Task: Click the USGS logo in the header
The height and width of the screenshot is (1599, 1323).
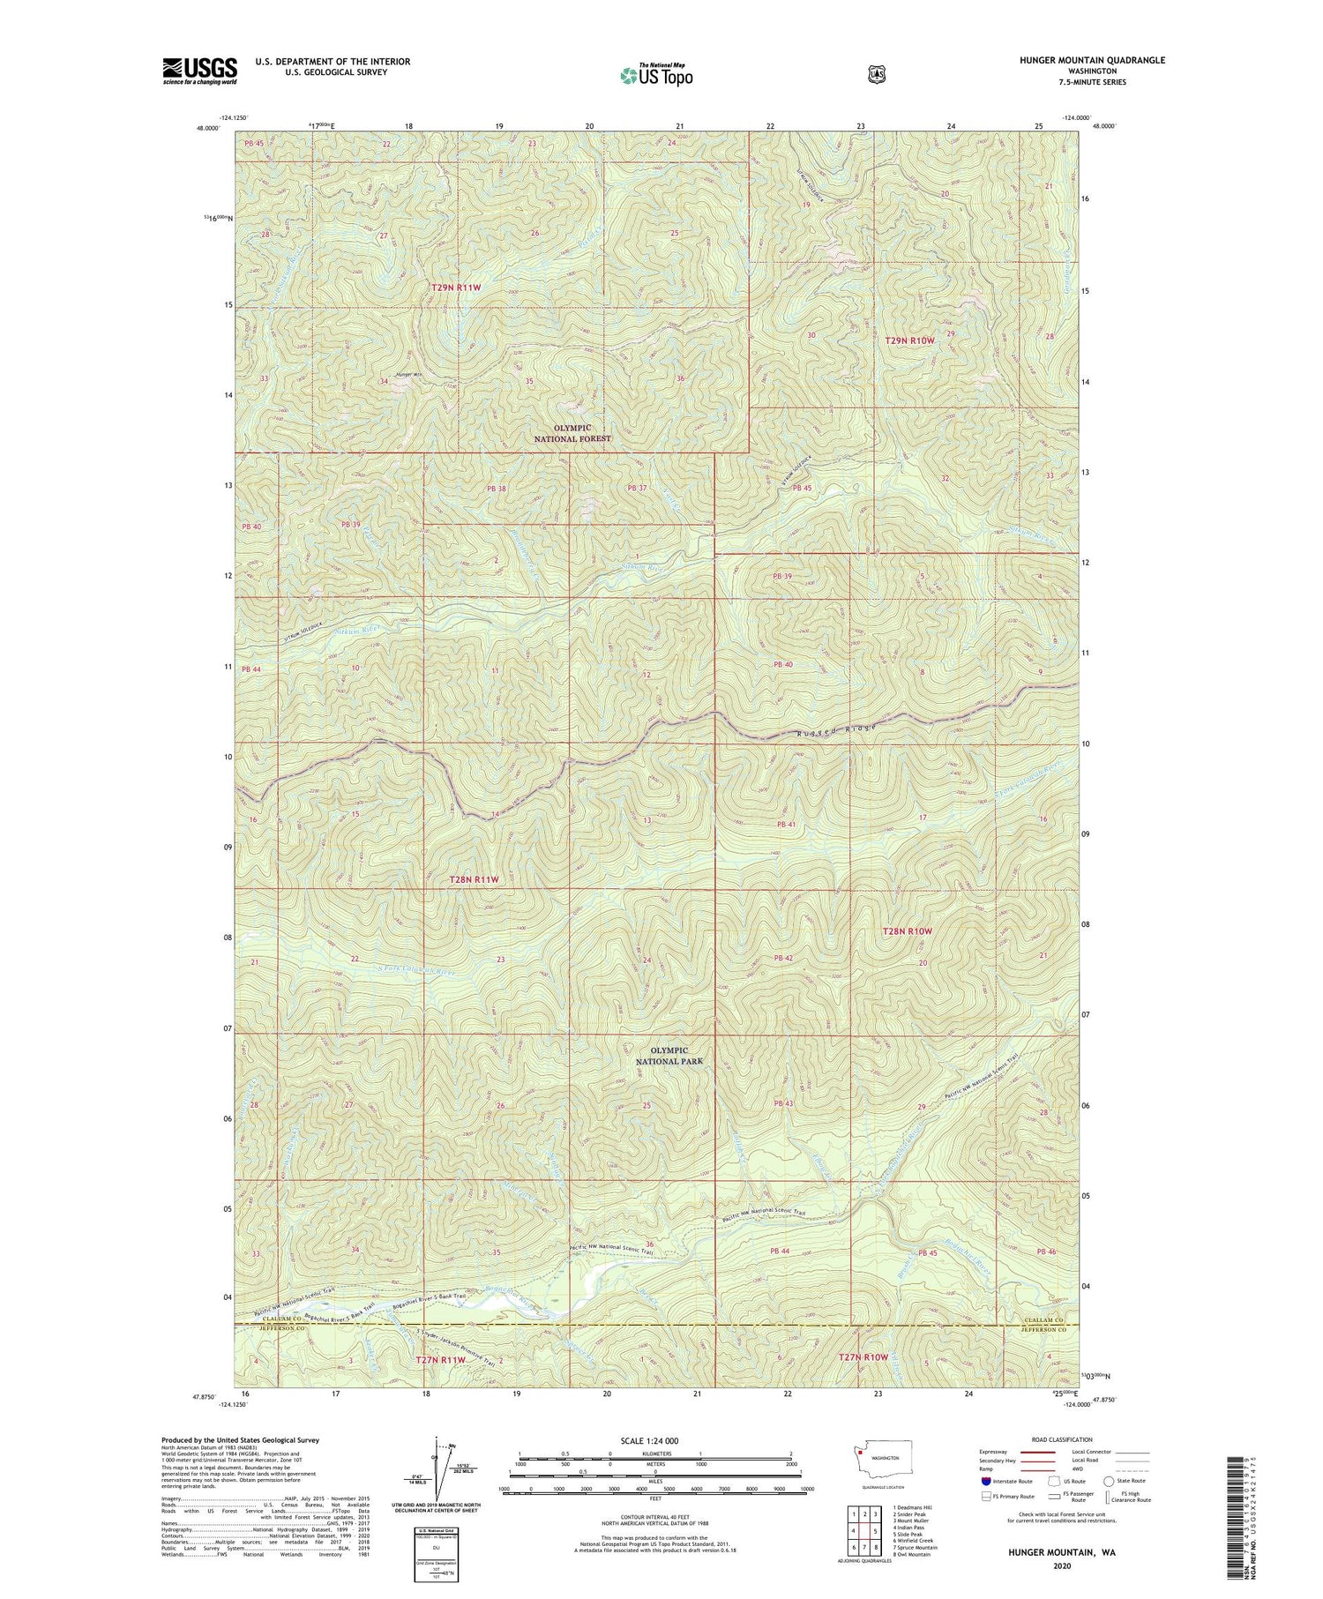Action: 199,70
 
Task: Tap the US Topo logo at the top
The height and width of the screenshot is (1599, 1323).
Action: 656,74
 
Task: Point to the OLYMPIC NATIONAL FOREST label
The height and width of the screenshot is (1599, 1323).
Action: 572,433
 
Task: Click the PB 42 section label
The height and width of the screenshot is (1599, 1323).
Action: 783,958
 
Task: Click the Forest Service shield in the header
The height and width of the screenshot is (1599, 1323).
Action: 876,74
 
